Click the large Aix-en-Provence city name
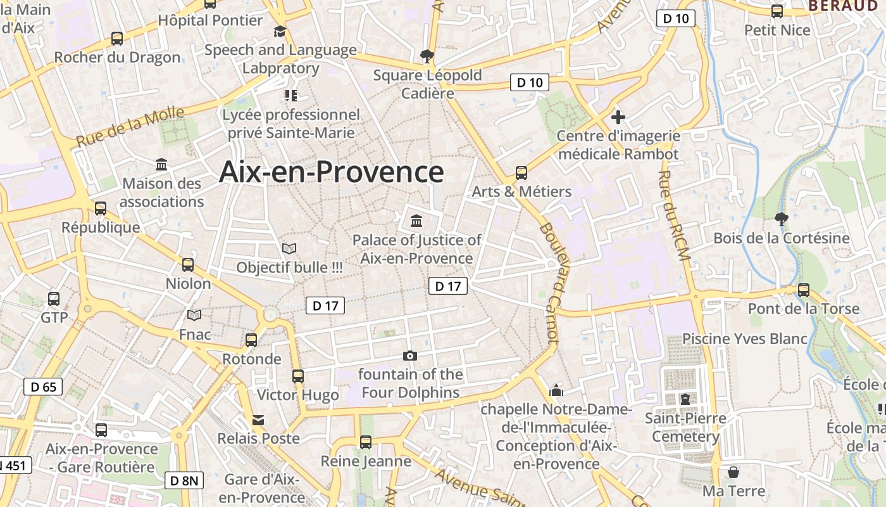coord(331,172)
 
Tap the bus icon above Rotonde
coord(251,340)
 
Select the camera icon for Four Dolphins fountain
coord(410,356)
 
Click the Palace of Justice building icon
coord(416,221)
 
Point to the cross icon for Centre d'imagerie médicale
coord(618,117)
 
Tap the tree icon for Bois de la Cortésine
coord(781,219)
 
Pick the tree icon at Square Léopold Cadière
coord(427,56)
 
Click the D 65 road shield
coord(43,387)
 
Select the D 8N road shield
coord(184,480)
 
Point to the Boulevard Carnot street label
coord(550,283)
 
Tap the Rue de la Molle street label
coord(130,127)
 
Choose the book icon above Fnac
coord(194,315)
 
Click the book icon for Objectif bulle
coord(289,248)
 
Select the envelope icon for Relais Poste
coord(258,420)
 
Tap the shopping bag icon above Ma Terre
coord(733,472)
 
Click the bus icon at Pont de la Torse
coord(803,290)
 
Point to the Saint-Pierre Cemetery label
coord(685,427)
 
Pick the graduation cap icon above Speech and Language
coord(280,31)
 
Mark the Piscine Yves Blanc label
coord(744,338)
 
